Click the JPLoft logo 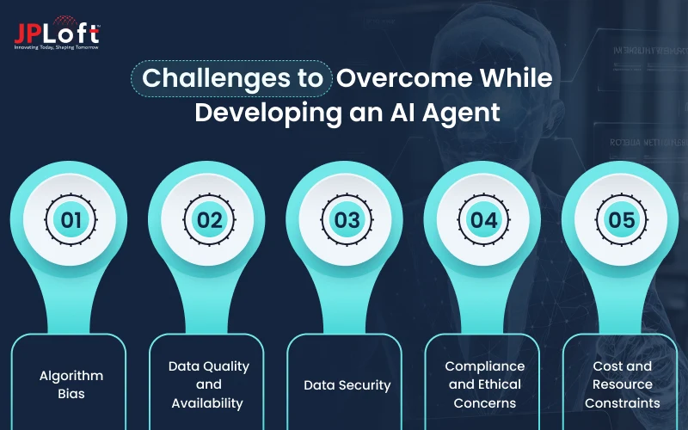tap(56, 33)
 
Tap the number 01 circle tap(71, 220)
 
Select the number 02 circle tap(209, 220)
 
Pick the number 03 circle tap(347, 220)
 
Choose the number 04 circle tap(484, 220)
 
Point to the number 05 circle tap(622, 220)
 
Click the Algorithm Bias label tap(71, 384)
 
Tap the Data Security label tap(347, 384)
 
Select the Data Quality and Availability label tap(209, 384)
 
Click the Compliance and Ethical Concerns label tap(484, 384)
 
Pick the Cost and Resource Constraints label tap(622, 384)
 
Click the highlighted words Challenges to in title tap(232, 77)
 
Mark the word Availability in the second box tap(207, 402)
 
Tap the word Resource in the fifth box tap(622, 384)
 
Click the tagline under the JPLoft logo tap(56, 46)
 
